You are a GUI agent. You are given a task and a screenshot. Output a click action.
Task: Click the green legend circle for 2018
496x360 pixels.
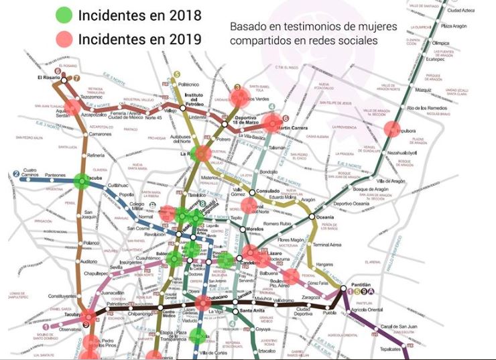coord(64,15)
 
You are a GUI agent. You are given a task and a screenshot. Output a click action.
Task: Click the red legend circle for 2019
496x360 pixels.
coord(64,40)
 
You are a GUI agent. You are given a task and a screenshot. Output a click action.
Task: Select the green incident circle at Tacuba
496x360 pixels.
coord(81,180)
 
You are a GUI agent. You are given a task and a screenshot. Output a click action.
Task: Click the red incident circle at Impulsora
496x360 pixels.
coord(390,129)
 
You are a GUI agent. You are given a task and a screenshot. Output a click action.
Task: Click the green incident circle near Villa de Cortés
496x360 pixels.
coord(198,336)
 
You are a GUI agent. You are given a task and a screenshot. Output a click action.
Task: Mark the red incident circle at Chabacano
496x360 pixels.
coord(204,303)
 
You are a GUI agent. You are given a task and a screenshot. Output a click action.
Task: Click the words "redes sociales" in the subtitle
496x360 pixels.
coord(345,40)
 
